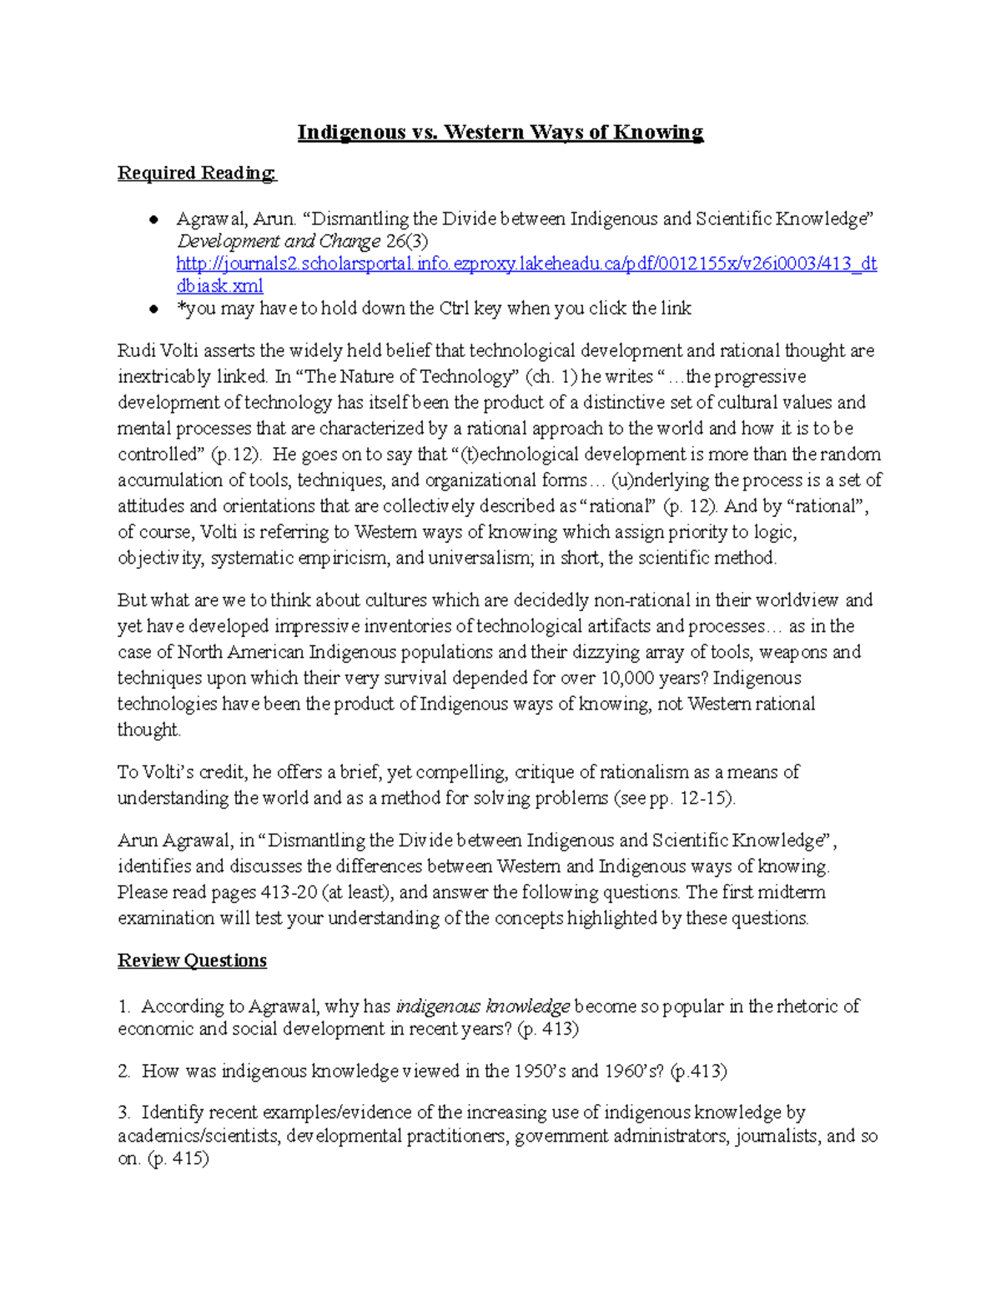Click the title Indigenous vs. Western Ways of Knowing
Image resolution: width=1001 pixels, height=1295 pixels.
500,133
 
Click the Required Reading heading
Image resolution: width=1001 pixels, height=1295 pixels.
197,173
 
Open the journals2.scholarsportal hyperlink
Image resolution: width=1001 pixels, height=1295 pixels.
526,264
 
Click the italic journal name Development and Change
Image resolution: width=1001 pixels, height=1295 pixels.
278,242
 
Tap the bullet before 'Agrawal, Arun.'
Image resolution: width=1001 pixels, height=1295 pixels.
153,220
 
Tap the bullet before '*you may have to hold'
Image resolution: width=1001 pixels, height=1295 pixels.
153,309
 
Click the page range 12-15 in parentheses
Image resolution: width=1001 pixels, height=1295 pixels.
705,798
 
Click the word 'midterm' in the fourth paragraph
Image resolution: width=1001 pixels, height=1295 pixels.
792,892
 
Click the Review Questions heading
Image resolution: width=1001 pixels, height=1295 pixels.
192,961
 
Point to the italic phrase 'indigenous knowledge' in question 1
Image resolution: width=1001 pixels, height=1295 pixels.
482,1006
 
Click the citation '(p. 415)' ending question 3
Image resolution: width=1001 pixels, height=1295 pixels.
178,1159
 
